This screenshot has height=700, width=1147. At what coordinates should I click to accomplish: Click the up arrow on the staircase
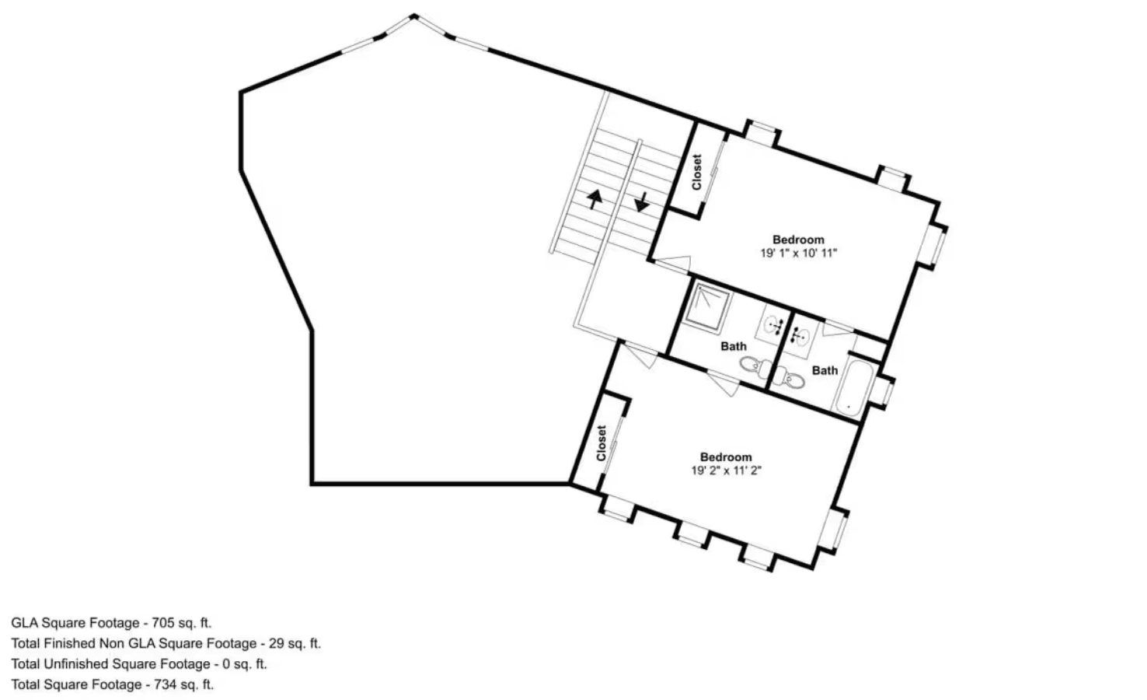click(x=594, y=199)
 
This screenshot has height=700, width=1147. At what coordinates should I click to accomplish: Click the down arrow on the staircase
click(x=642, y=201)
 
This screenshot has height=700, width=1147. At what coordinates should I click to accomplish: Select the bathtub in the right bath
click(x=848, y=387)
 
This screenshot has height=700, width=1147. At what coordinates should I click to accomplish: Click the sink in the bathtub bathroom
click(x=800, y=335)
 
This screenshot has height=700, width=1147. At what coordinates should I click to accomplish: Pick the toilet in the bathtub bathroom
click(x=792, y=379)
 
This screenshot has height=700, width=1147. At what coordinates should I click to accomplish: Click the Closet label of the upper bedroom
click(x=696, y=171)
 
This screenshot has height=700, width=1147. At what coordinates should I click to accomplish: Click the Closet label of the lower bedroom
click(x=601, y=442)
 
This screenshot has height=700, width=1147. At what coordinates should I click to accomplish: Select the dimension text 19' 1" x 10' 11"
click(x=798, y=253)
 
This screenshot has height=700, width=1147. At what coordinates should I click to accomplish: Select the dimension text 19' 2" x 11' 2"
click(x=726, y=470)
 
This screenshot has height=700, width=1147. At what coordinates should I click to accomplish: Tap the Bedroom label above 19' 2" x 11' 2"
click(x=726, y=457)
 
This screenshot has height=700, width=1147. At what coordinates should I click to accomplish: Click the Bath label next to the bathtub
click(x=825, y=370)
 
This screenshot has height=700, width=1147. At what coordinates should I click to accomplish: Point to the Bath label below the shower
click(x=733, y=346)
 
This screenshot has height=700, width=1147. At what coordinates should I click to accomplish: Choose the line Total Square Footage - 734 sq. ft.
click(x=112, y=684)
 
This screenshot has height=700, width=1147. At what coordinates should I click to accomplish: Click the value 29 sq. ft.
click(x=294, y=643)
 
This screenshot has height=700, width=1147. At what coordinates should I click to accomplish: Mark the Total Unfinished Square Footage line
click(x=138, y=664)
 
